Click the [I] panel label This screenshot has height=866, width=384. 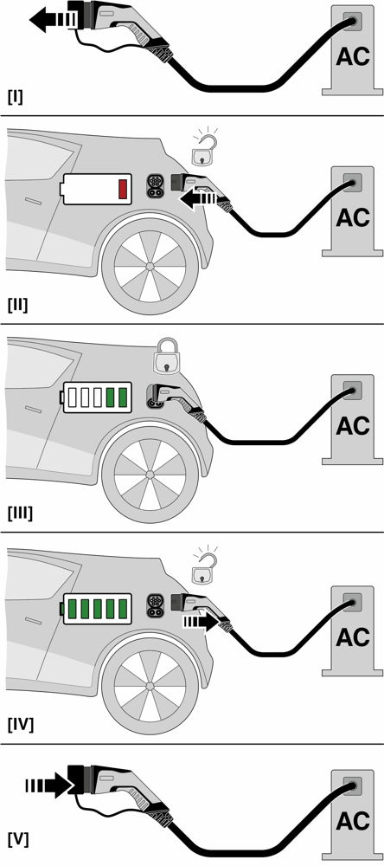point(15,96)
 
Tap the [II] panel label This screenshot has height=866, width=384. point(17,305)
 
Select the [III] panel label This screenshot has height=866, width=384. point(19,514)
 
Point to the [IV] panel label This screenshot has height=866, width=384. point(20,723)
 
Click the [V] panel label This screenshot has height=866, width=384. point(16,839)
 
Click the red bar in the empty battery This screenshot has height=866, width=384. point(123,189)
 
